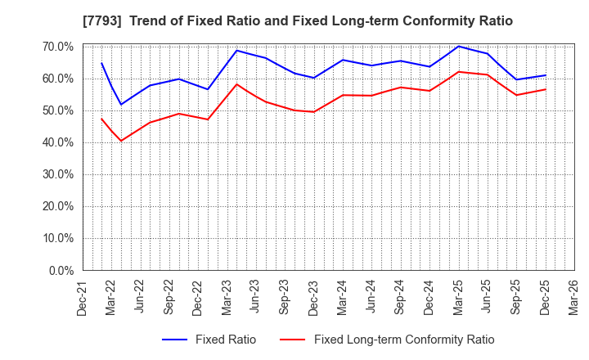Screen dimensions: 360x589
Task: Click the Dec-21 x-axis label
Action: pos(81,298)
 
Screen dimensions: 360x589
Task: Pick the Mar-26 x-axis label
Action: pos(573,298)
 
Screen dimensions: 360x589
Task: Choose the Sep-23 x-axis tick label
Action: pos(284,298)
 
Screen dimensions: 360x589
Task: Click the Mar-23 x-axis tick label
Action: pos(227,298)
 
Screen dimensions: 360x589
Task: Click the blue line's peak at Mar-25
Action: pos(459,46)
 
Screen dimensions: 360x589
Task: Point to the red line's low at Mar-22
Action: pos(121,141)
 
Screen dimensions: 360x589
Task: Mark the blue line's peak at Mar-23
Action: pos(236,51)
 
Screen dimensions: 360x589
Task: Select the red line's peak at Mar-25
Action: pos(459,72)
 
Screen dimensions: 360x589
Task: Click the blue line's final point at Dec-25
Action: pos(546,75)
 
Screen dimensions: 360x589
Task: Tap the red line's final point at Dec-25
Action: pos(546,89)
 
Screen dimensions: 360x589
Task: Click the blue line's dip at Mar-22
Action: pos(121,105)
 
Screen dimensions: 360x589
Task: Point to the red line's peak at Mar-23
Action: pos(236,84)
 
